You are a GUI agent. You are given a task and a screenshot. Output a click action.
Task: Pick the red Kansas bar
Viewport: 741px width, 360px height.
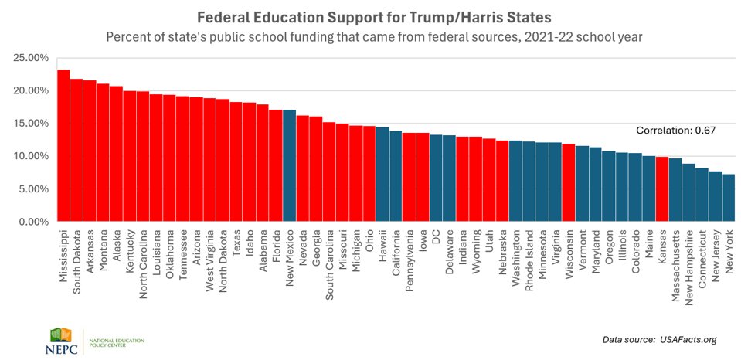662,189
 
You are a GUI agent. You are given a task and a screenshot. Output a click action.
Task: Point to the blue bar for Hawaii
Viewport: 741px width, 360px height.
382,174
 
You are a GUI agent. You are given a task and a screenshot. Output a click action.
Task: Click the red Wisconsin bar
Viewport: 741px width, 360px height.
569,182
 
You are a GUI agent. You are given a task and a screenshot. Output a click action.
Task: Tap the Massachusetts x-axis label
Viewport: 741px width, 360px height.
675,259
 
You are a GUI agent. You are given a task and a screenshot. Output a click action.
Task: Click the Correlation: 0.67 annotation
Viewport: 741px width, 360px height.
675,131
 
